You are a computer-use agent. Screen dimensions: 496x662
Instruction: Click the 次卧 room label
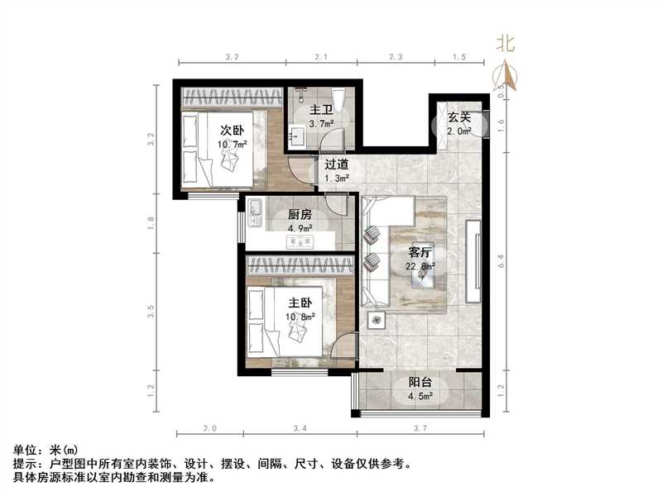231,130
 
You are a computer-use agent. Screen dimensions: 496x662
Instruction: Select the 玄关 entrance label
459,117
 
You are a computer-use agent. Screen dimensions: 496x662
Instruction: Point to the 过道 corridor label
337,164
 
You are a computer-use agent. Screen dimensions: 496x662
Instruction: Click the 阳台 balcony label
420,383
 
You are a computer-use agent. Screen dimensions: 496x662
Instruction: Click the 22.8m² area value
421,266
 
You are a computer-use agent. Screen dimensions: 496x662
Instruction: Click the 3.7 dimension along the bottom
420,428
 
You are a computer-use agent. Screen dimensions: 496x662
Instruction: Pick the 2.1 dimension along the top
321,57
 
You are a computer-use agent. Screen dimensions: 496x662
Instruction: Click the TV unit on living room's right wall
474,261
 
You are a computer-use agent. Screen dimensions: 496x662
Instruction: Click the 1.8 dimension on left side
151,223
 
